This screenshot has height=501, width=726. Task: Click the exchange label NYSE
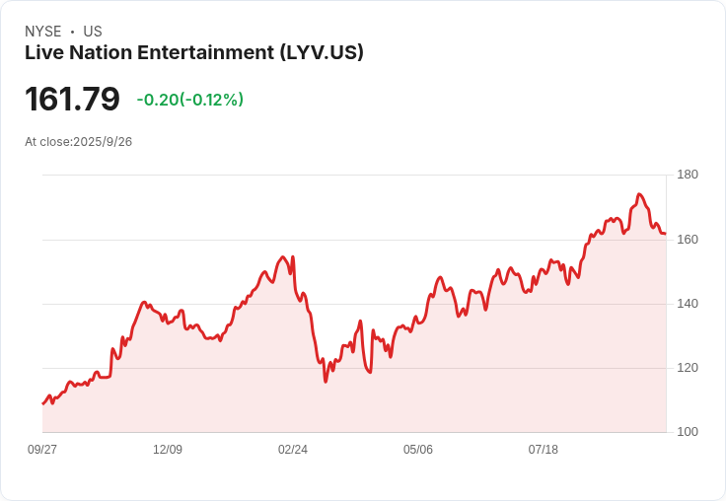click(43, 32)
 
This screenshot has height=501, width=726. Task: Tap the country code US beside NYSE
click(93, 32)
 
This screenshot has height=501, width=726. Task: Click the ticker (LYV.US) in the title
click(322, 52)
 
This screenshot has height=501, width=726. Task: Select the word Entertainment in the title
click(205, 52)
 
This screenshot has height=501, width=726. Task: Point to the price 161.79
click(72, 99)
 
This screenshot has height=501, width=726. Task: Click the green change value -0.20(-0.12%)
click(189, 100)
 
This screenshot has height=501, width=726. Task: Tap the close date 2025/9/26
click(103, 142)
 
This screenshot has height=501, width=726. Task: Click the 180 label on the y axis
click(688, 175)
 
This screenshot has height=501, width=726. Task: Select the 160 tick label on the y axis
click(688, 240)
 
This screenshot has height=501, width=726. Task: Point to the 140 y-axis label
click(688, 304)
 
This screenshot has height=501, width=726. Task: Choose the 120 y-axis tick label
click(688, 368)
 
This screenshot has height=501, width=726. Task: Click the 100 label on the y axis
click(688, 432)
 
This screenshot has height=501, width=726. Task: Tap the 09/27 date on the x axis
click(42, 450)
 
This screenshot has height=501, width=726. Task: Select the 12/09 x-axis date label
click(168, 450)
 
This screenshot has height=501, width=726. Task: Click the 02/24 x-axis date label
click(293, 450)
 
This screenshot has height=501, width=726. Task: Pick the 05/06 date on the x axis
click(418, 450)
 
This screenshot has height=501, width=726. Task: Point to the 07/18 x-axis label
click(544, 450)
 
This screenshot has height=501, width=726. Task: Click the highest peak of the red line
click(639, 194)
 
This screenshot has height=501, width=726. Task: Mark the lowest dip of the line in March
click(326, 382)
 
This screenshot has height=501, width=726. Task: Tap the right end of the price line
click(666, 234)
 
